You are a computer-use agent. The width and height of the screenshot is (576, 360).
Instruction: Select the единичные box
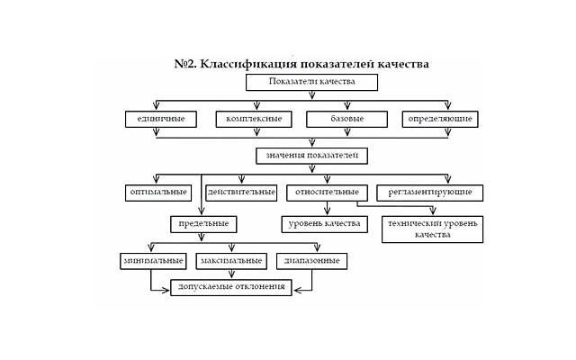pyautogui.click(x=161, y=119)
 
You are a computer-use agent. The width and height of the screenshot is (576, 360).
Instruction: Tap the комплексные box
pyautogui.click(x=255, y=119)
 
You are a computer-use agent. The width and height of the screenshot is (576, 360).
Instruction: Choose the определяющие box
pyautogui.click(x=438, y=119)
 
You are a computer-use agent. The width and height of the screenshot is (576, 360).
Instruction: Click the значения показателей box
pyautogui.click(x=312, y=155)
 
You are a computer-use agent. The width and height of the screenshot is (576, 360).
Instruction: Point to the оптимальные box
pyautogui.click(x=157, y=192)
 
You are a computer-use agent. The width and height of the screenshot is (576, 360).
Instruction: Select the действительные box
pyautogui.click(x=241, y=192)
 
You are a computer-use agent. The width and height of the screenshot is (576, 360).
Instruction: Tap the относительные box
pyautogui.click(x=328, y=192)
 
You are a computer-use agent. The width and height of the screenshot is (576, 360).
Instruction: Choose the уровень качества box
pyautogui.click(x=321, y=223)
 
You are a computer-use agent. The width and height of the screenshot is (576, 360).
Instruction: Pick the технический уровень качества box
pyautogui.click(x=434, y=229)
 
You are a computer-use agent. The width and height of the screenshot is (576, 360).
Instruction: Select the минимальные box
pyautogui.click(x=151, y=261)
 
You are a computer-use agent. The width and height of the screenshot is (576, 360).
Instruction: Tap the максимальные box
pyautogui.click(x=231, y=261)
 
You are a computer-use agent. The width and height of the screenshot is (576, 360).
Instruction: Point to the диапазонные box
pyautogui.click(x=311, y=261)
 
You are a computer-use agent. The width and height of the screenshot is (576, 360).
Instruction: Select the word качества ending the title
pyautogui.click(x=399, y=64)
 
